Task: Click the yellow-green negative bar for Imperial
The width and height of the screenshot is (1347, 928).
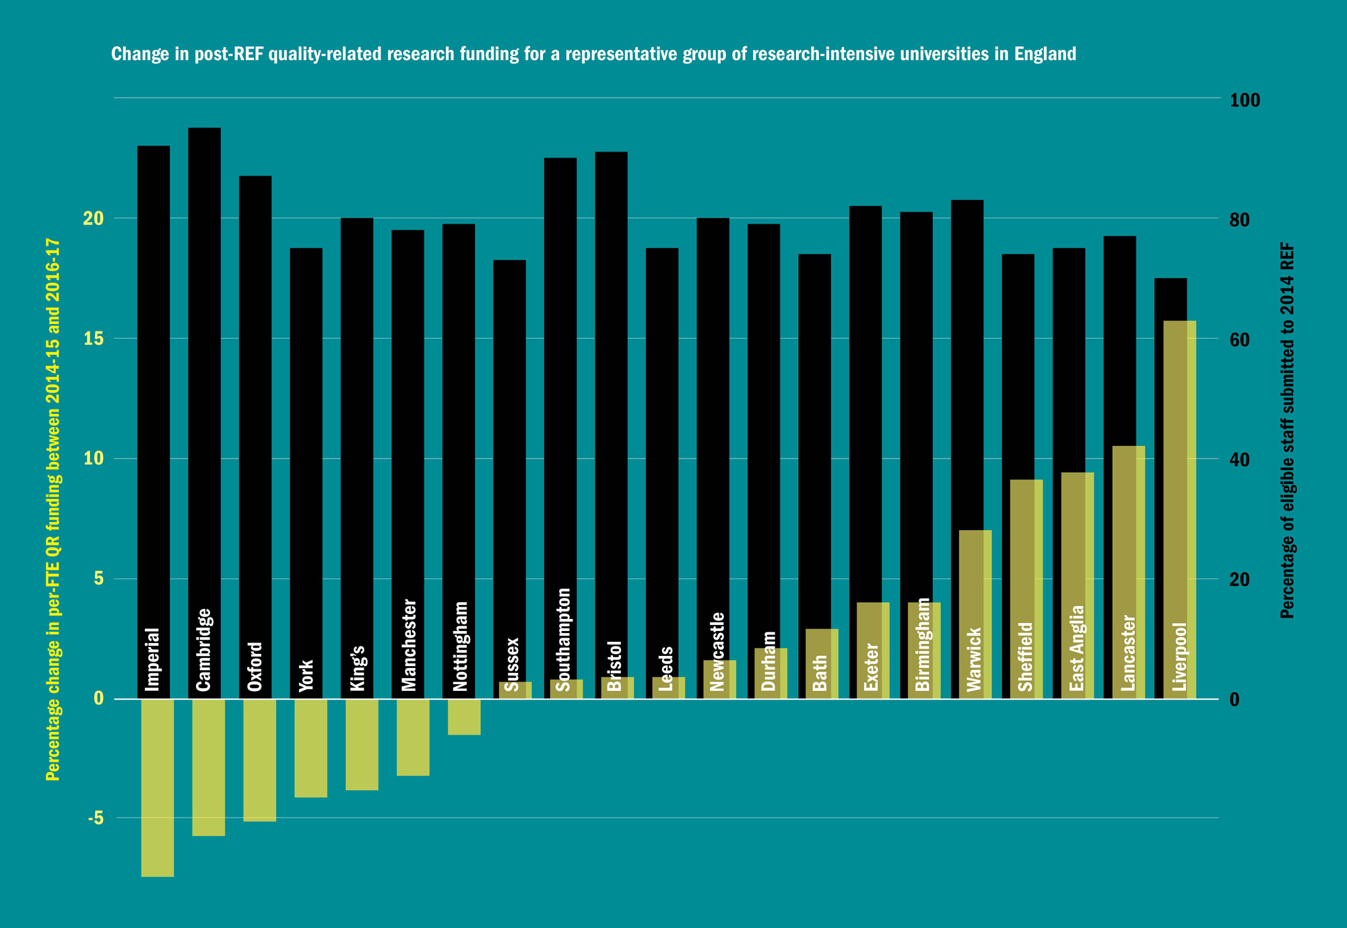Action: point(158,788)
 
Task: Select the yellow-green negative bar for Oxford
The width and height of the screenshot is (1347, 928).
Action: point(259,760)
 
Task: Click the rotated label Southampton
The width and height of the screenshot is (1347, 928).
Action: point(564,640)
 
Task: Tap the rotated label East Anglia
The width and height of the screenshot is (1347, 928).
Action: point(1078,649)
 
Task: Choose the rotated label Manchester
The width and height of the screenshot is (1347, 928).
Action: point(409,645)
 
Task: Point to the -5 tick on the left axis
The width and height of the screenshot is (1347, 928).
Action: point(95,818)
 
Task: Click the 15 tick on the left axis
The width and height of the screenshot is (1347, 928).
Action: point(94,339)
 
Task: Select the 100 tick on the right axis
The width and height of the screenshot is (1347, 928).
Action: point(1245,100)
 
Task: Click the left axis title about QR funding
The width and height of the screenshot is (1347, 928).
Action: point(53,510)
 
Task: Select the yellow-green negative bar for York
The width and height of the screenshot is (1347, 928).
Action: point(310,748)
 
